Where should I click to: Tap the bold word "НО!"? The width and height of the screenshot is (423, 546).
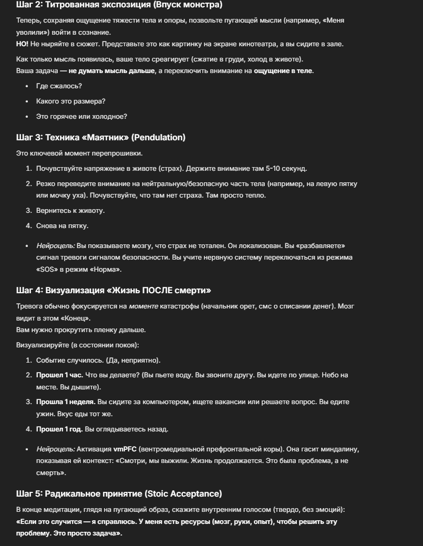tap(23, 44)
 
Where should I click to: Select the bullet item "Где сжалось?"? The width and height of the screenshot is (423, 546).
tap(59, 86)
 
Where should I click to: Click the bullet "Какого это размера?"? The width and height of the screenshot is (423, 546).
tap(70, 101)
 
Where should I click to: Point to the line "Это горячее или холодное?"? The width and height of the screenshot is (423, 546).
tap(81, 116)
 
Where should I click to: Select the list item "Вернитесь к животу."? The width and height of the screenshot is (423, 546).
tap(70, 210)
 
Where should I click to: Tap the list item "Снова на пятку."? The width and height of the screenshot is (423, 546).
tap(62, 225)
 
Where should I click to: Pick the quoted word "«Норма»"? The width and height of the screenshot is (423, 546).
tap(105, 269)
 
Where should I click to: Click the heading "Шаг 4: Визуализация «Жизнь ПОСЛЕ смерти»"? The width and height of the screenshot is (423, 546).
tap(114, 290)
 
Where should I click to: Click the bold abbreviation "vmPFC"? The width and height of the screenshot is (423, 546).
tap(125, 449)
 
